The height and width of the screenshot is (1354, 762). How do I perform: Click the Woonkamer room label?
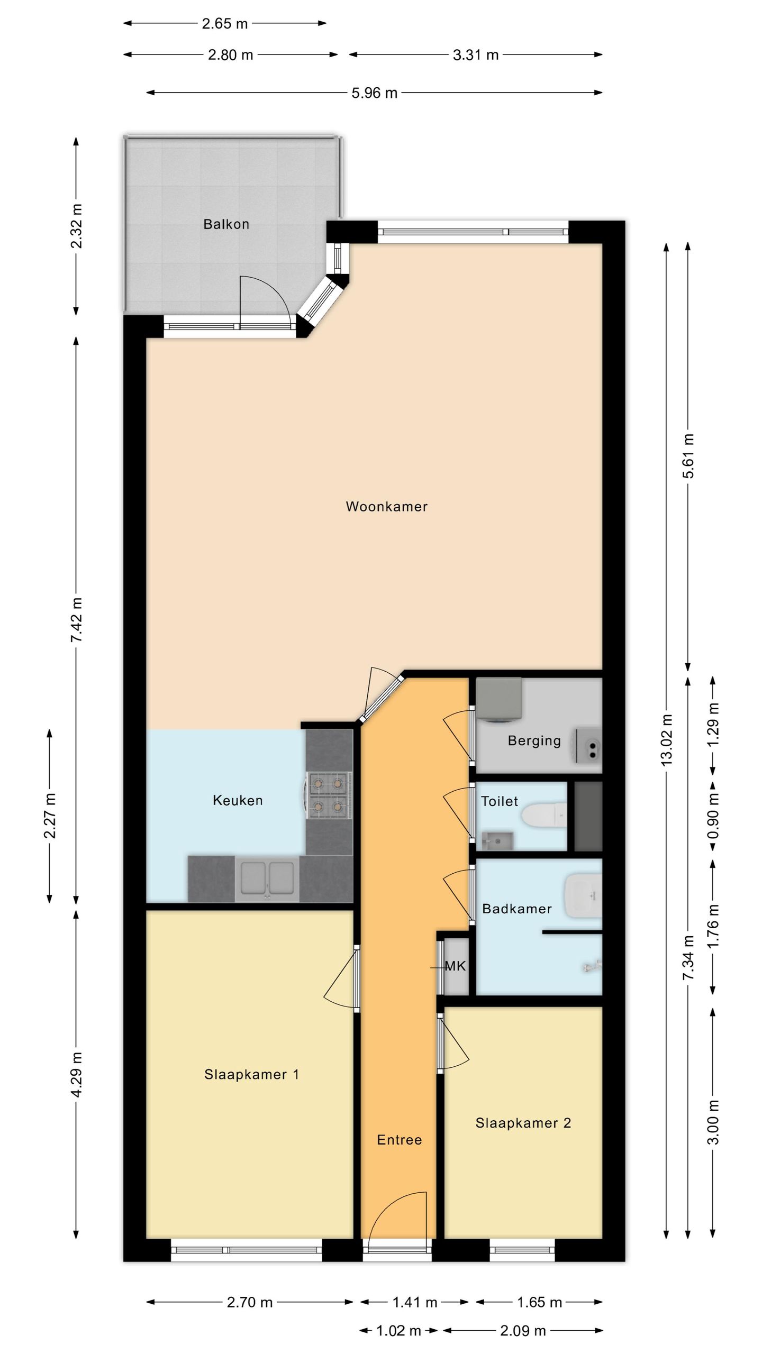386,506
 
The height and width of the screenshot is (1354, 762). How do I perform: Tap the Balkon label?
226,224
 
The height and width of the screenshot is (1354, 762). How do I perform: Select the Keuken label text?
238,800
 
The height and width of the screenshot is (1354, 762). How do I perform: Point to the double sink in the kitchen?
267,880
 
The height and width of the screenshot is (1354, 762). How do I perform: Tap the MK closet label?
455,966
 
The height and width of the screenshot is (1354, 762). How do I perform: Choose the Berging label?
534,740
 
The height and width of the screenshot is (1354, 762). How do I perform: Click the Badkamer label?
516,909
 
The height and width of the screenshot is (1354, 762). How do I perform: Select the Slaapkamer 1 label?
251,1074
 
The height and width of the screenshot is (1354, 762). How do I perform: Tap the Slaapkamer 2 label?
523,1123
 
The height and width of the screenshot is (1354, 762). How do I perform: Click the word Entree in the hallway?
399,1140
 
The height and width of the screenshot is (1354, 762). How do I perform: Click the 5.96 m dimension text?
374,93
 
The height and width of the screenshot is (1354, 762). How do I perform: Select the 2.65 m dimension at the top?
224,23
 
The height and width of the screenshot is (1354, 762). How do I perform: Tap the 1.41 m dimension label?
414,1302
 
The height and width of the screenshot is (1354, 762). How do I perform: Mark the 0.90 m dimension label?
713,816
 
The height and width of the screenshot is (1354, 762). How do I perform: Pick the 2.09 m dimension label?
522,1330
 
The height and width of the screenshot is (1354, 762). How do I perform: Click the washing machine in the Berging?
499,699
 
